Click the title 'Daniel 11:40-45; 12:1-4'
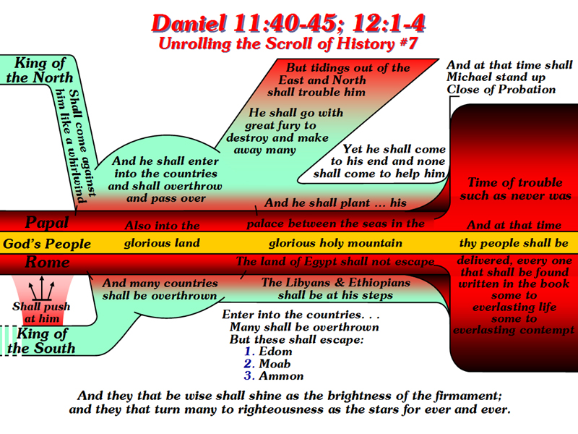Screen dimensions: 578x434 (x=288, y=24)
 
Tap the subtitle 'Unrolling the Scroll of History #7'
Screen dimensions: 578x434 (x=288, y=43)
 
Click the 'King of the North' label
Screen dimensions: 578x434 (x=40, y=70)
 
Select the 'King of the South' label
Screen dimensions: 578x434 (x=41, y=341)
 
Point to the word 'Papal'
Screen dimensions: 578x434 (x=47, y=223)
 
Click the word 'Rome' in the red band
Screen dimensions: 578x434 (x=47, y=262)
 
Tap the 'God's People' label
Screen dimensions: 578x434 (x=47, y=244)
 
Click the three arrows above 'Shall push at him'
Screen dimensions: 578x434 (x=42, y=288)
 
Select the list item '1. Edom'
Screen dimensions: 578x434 (x=268, y=351)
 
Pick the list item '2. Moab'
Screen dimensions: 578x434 (x=267, y=364)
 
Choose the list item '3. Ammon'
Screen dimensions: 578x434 (x=274, y=375)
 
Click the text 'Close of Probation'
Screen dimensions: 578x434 (x=501, y=89)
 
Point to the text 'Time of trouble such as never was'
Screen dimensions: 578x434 (x=515, y=189)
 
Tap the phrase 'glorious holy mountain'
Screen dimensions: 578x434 (x=335, y=243)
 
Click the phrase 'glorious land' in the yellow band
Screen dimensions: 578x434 (x=162, y=243)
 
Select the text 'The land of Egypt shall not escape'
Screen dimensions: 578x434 (x=335, y=262)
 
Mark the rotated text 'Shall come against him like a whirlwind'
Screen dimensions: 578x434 (x=77, y=146)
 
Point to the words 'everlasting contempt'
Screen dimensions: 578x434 (x=514, y=330)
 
